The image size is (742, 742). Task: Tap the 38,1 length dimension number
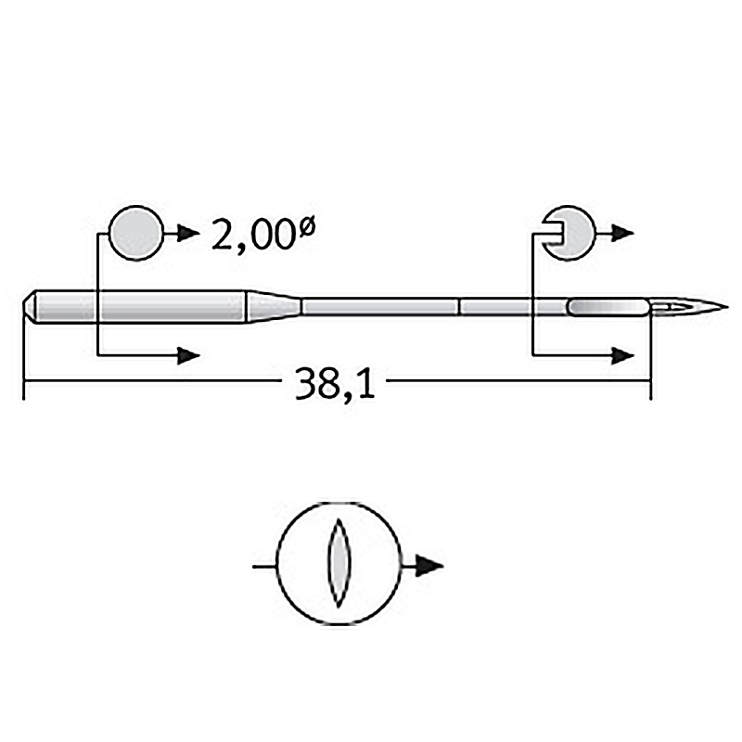(x=335, y=383)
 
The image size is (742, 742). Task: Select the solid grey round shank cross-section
(x=136, y=233)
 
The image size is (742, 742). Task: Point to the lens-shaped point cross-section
(x=339, y=563)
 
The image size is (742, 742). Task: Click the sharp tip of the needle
(x=728, y=306)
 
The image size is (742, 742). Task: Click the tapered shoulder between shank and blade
(x=274, y=307)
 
